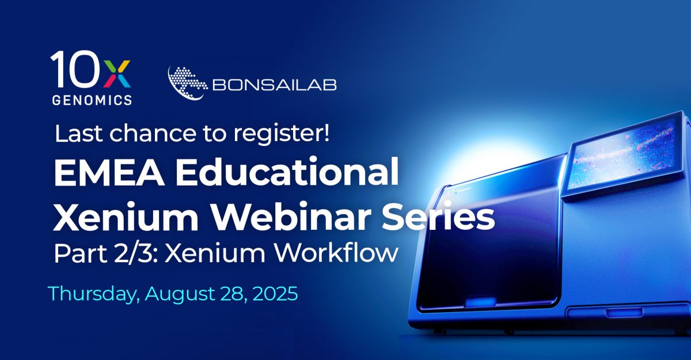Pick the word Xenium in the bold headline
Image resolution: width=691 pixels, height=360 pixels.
(x=115, y=219)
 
